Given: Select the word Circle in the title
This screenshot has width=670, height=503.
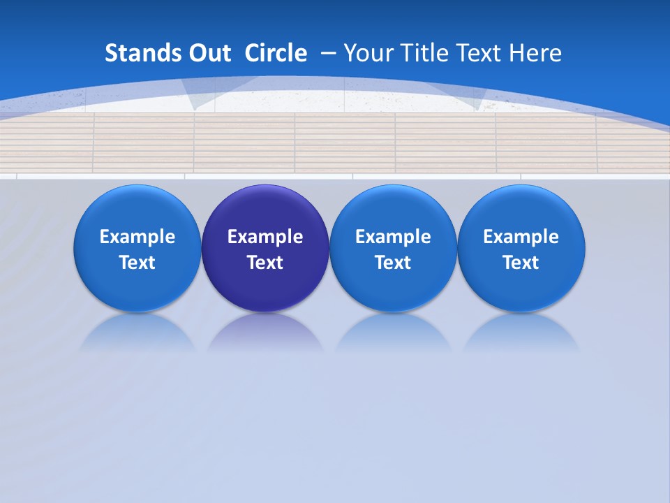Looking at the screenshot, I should pos(276,53).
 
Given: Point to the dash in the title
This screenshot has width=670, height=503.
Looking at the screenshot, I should pos(328,54).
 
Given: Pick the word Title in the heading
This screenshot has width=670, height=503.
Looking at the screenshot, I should pos(425,53).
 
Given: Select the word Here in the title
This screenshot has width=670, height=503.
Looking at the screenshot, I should pos(537,53).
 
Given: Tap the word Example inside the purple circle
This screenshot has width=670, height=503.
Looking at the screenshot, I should pos(265,237).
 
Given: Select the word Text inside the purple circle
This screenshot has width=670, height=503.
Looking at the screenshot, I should pos(265,263).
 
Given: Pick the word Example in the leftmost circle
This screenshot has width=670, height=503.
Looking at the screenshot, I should pos(137,237).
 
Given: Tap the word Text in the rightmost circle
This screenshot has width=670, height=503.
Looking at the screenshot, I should pos(521,263).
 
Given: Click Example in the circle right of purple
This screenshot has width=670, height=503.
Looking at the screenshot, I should pos(393,237).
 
